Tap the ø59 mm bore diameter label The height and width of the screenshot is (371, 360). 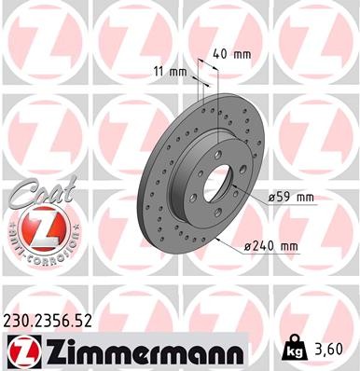pos(289,197)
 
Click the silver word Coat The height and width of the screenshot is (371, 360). pos(31,196)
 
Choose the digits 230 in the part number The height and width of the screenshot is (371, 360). pos(18,322)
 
